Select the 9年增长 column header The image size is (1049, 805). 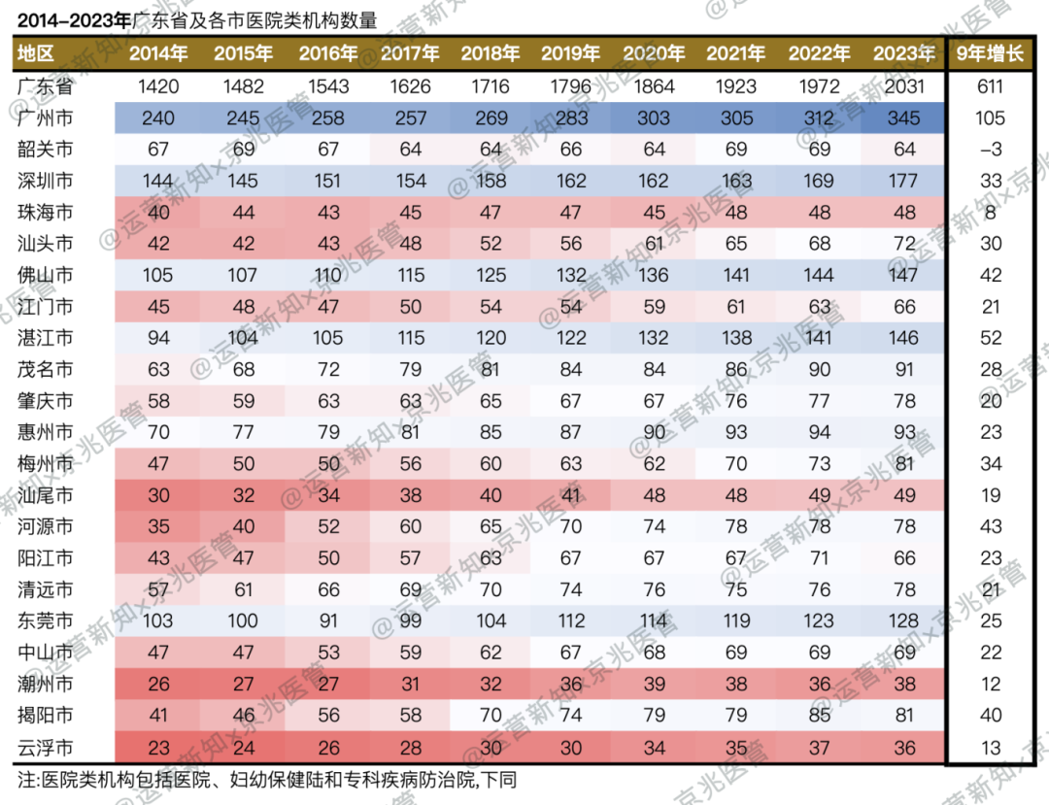tap(991, 53)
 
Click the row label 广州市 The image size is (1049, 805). tap(45, 118)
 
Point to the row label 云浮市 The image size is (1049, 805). tap(45, 747)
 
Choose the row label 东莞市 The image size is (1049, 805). tap(45, 621)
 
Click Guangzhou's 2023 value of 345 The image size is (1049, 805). tap(903, 118)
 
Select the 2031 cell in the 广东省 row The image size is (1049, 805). tap(903, 86)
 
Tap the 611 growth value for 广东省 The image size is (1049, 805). tap(991, 86)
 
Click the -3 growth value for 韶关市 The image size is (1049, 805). tap(991, 150)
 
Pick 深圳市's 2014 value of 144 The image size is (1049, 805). tap(159, 181)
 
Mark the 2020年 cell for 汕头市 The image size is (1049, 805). tap(654, 244)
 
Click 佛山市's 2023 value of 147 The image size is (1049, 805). tap(903, 275)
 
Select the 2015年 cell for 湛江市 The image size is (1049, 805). tap(243, 338)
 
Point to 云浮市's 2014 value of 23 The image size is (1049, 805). tap(159, 747)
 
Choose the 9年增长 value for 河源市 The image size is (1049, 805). tap(991, 526)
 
